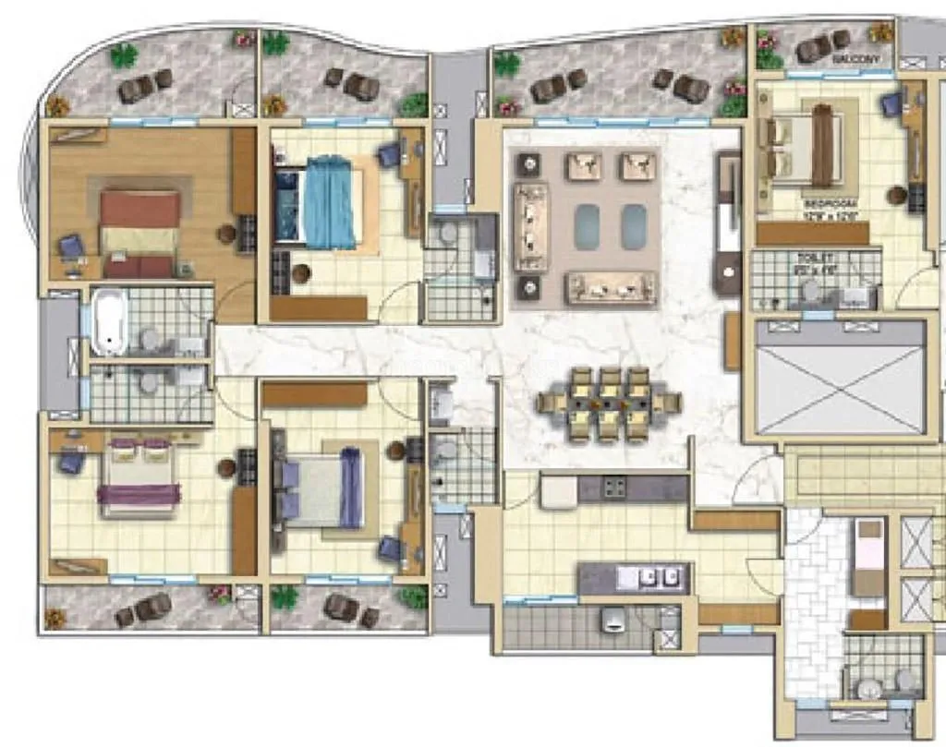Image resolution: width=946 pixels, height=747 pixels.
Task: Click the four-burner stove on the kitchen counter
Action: click(616, 487)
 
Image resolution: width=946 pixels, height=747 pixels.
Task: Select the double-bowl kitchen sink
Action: click(651, 578)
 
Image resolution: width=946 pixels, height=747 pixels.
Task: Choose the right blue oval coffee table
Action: click(634, 226)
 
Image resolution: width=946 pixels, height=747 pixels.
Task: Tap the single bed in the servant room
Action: click(867, 558)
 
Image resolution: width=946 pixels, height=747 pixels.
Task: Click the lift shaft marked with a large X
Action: click(840, 377)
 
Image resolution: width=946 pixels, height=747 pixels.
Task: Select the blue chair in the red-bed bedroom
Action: click(70, 247)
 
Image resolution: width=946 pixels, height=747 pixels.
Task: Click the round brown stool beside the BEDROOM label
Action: click(896, 195)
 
